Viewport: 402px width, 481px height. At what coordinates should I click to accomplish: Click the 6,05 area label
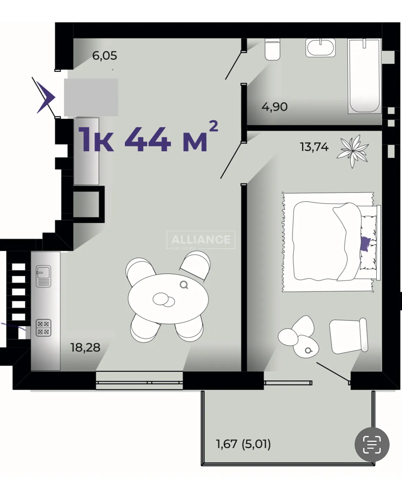click(104, 56)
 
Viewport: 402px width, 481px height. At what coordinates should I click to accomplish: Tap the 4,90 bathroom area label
click(275, 107)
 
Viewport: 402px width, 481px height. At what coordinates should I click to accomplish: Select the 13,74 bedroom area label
click(314, 147)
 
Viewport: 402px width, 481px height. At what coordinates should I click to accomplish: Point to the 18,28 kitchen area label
click(85, 347)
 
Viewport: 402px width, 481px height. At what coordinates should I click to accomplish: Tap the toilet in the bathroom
click(272, 49)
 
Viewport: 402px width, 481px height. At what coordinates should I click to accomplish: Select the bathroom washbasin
click(321, 47)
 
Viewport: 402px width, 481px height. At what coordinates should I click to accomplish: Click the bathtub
click(364, 76)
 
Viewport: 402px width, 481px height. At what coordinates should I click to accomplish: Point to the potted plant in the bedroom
click(353, 151)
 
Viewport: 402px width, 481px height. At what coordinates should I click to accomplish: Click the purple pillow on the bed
click(365, 243)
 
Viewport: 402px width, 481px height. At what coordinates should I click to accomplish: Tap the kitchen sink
click(43, 277)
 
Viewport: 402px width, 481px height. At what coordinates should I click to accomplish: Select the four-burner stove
click(43, 327)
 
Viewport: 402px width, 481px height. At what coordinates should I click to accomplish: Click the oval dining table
click(168, 299)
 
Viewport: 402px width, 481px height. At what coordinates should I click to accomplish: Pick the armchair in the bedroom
click(348, 336)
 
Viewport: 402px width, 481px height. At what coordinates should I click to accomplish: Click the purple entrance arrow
click(46, 97)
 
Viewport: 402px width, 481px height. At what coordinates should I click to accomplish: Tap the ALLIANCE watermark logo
click(201, 240)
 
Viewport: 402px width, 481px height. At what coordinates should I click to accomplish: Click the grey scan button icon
click(372, 444)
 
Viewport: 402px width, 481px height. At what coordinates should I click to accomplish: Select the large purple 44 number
click(148, 139)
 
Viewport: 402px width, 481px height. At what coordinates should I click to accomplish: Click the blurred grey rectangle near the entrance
click(91, 97)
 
